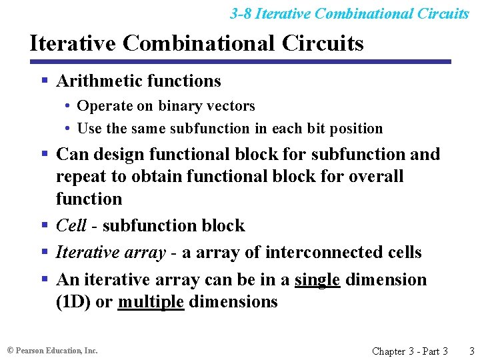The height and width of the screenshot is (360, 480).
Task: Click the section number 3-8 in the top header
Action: tap(241, 13)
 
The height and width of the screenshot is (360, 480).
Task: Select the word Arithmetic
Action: tap(97, 81)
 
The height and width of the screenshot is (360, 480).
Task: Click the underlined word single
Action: tap(317, 279)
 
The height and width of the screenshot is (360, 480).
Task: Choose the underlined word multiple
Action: tap(151, 301)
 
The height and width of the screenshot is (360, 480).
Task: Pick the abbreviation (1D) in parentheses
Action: tap(74, 301)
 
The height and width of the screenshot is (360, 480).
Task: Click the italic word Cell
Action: tap(71, 225)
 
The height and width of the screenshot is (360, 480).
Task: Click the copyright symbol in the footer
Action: tap(10, 350)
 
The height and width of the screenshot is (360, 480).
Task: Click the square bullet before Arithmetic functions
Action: tap(45, 81)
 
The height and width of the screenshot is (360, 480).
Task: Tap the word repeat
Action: tap(77, 177)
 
